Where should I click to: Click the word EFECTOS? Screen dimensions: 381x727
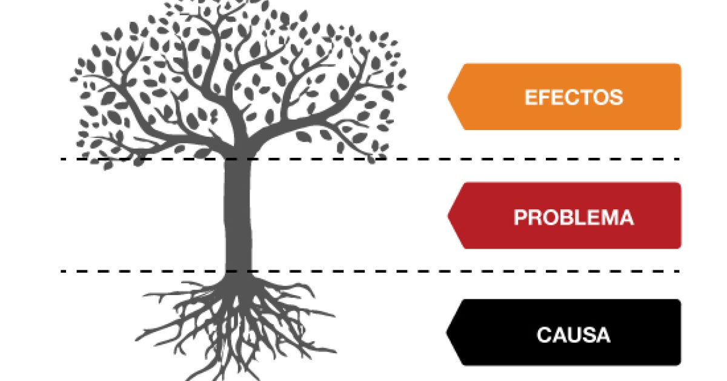pyautogui.click(x=573, y=97)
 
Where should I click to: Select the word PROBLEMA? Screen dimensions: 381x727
pyautogui.click(x=573, y=217)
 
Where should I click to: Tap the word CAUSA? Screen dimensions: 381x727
pyautogui.click(x=573, y=334)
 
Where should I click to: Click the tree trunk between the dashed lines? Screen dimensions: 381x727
pyautogui.click(x=237, y=218)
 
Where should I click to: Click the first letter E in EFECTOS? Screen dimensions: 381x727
pyautogui.click(x=530, y=97)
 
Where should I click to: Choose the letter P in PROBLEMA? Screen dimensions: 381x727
pyautogui.click(x=520, y=217)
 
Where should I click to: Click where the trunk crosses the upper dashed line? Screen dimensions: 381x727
pyautogui.click(x=237, y=159)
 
